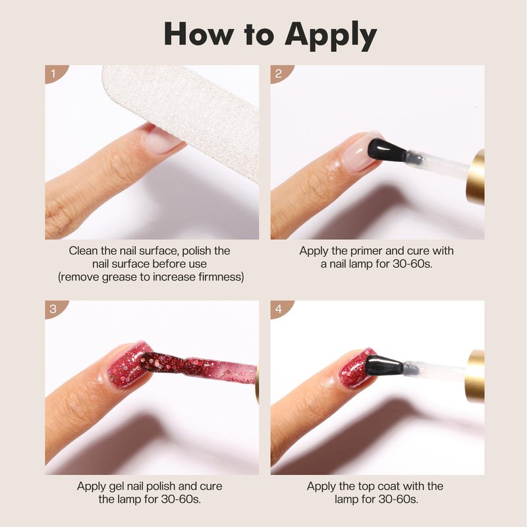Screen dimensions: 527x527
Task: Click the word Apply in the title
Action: pos(331,36)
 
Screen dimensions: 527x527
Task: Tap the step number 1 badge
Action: pos(55,73)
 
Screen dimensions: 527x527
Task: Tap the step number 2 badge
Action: pos(279,73)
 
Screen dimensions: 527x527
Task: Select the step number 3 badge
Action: pos(55,308)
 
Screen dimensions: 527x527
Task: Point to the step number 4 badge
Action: pos(279,308)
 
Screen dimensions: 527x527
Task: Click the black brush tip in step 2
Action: pos(387,150)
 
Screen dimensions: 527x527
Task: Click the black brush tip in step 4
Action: pos(384,365)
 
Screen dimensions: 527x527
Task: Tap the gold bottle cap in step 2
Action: pos(475,177)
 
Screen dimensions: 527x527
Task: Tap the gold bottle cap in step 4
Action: pos(476,375)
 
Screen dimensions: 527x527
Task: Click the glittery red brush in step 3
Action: pos(198,367)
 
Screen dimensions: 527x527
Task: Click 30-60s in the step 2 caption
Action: pos(412,264)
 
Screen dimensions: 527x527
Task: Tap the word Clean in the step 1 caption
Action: pos(84,251)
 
